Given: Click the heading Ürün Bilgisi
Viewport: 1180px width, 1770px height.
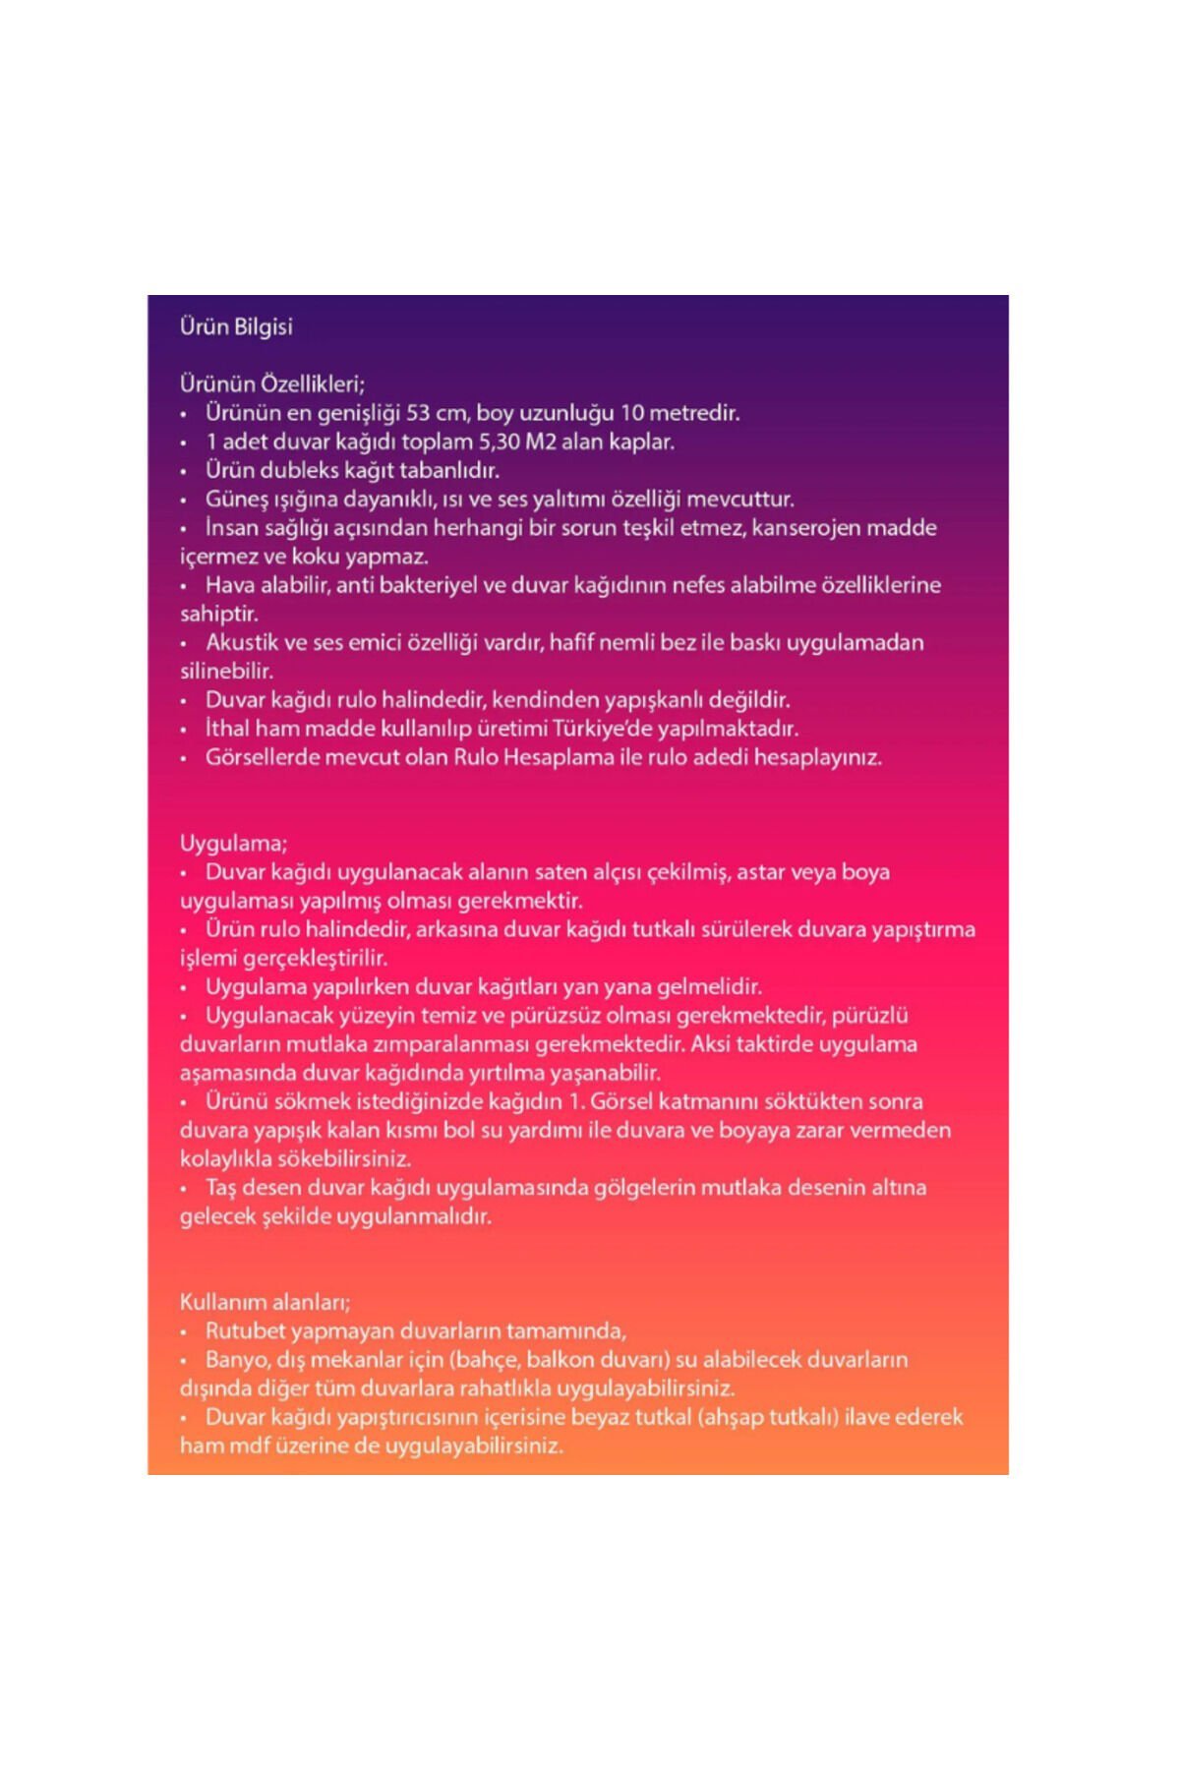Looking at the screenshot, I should (x=236, y=326).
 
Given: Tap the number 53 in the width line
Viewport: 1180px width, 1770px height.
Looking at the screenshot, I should (x=418, y=413).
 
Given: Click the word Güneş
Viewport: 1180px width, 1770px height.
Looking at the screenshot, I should (x=236, y=500).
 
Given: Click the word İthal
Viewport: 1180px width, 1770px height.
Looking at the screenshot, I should (x=226, y=729).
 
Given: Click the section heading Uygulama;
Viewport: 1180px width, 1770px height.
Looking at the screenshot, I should (x=233, y=844).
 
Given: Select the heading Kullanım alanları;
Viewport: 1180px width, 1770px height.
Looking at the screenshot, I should (x=265, y=1302).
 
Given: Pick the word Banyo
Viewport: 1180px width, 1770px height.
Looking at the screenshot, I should (x=234, y=1360).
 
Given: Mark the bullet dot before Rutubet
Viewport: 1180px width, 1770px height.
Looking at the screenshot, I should (x=183, y=1332).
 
